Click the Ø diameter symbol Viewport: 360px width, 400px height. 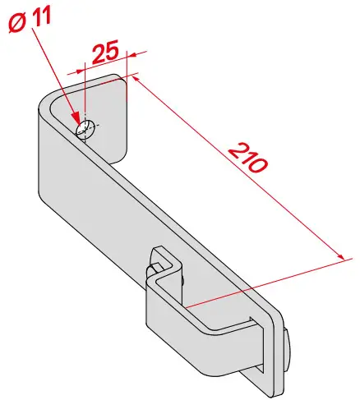[x=17, y=24]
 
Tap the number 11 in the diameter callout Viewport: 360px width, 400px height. [x=41, y=17]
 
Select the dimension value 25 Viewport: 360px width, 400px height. [x=105, y=52]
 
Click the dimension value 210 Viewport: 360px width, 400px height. [x=248, y=158]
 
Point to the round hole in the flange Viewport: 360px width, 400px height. [x=85, y=129]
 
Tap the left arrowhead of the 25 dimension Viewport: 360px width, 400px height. [x=80, y=71]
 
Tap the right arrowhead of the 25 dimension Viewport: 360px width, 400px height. [x=133, y=55]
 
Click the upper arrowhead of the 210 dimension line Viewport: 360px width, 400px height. [x=136, y=80]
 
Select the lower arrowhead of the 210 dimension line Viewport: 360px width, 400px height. [x=339, y=255]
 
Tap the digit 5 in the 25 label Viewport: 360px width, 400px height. [x=113, y=49]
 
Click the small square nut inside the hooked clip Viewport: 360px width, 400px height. [x=157, y=267]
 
